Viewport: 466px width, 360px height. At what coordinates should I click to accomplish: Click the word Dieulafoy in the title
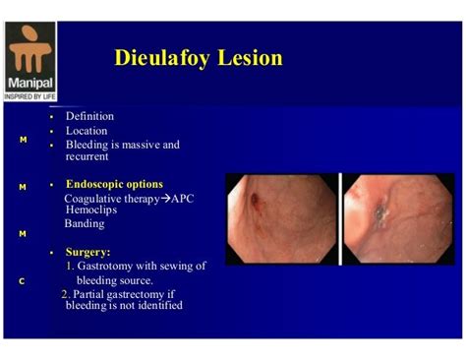(160, 57)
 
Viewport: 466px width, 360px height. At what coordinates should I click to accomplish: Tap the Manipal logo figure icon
(31, 44)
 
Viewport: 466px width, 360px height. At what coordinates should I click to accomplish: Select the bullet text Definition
(89, 116)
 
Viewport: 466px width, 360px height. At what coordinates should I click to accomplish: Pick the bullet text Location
(87, 130)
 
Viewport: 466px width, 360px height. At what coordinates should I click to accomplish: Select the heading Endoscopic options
(114, 184)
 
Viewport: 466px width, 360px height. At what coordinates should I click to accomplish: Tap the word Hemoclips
(90, 210)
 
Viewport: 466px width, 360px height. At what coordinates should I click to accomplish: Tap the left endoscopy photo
(281, 218)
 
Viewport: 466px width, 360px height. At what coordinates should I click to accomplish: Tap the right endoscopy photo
(385, 218)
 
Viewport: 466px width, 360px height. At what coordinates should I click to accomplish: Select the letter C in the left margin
(22, 281)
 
